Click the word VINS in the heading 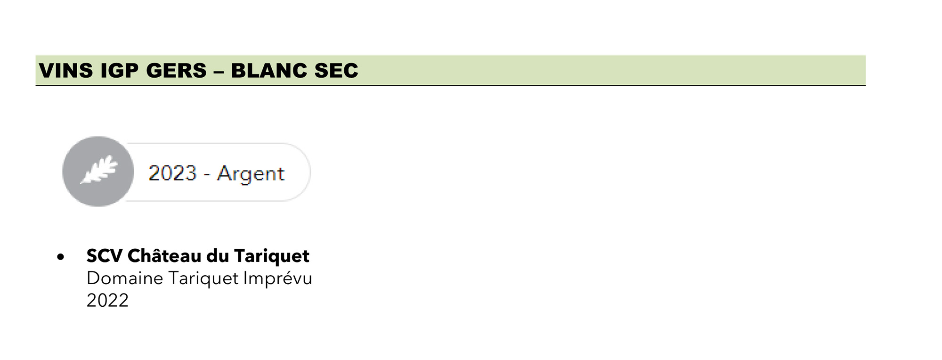(x=66, y=71)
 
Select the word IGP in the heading (x=120, y=71)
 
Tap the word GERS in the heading (x=177, y=71)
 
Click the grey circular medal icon (x=98, y=172)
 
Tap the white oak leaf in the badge (x=99, y=169)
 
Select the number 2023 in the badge (x=172, y=173)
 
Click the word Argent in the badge (x=251, y=174)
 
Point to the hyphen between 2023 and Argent (x=207, y=175)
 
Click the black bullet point (x=60, y=257)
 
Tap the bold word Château (x=165, y=255)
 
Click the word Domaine (x=125, y=278)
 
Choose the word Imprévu (x=278, y=279)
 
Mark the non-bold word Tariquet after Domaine (x=203, y=279)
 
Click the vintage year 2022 (x=107, y=301)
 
